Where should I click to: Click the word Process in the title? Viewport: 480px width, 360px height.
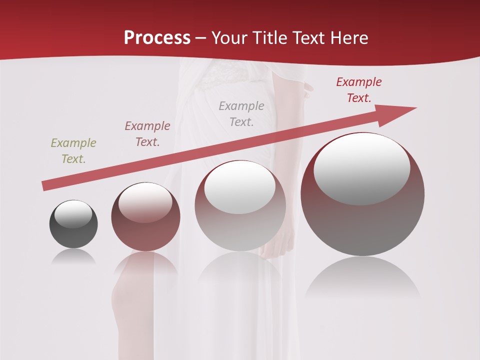click(157, 38)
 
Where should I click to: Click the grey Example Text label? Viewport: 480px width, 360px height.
click(241, 113)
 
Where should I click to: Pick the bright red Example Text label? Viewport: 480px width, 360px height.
click(359, 90)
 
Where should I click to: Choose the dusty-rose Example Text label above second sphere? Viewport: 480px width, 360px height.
click(147, 133)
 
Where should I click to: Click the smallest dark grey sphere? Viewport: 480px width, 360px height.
click(73, 230)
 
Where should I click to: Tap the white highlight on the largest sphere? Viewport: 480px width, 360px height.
click(362, 169)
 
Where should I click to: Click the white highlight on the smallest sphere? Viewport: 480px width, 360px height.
click(73, 214)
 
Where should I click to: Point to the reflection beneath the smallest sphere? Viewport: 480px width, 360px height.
click(73, 256)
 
